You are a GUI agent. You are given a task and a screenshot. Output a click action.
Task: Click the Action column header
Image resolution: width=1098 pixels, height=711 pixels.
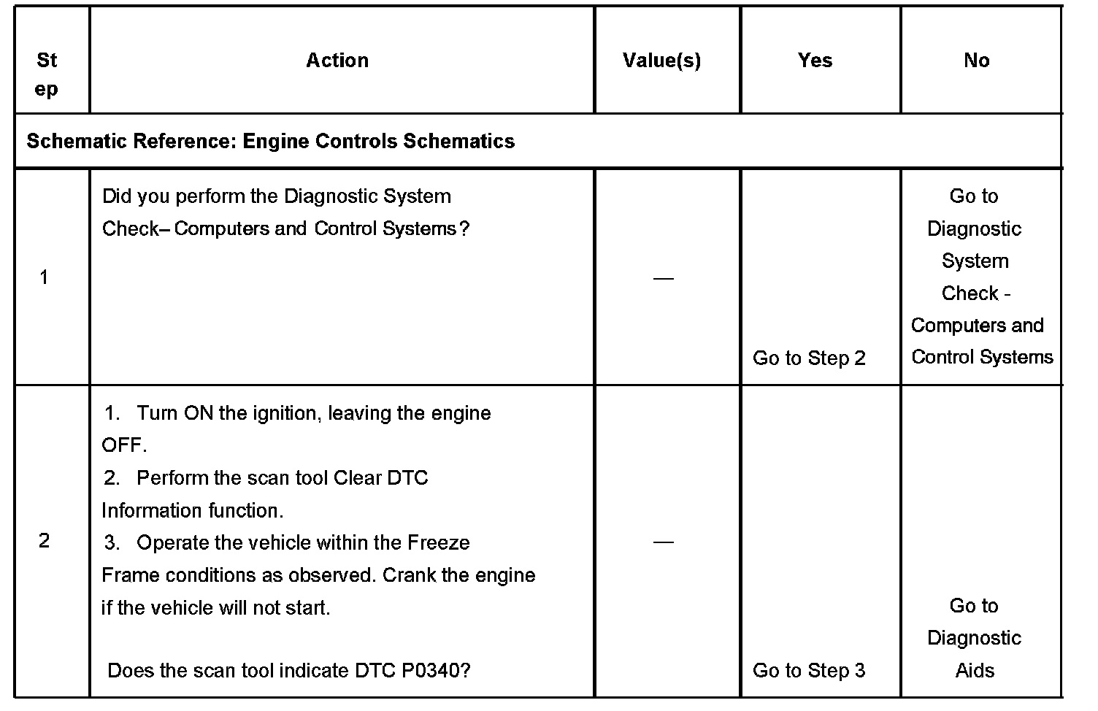click(337, 61)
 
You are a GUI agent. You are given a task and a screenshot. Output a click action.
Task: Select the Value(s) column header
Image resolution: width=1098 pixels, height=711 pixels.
click(661, 61)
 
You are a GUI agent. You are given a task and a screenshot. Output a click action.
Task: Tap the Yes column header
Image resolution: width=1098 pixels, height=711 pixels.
click(815, 61)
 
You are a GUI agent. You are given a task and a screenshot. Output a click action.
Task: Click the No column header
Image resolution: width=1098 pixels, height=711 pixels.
click(976, 61)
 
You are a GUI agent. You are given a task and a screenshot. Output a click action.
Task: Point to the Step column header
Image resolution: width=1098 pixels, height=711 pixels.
click(47, 74)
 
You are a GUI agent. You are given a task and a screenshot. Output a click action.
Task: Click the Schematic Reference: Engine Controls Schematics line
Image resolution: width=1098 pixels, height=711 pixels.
click(271, 141)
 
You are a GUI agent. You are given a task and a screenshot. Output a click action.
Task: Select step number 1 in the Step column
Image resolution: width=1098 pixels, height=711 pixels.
click(45, 277)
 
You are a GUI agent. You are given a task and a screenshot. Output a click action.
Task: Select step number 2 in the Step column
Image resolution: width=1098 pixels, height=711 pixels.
click(45, 541)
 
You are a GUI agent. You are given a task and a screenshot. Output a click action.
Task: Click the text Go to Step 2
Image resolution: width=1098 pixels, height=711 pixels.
click(809, 358)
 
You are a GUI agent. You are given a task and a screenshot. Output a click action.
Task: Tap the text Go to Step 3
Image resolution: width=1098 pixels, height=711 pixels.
click(809, 671)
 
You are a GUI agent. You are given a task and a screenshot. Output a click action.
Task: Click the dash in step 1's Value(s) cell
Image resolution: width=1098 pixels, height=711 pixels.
click(663, 279)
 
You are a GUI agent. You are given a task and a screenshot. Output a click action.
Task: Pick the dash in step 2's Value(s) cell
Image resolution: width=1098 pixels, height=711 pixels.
click(663, 542)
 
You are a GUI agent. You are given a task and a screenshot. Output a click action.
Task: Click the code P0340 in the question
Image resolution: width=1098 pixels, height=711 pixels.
click(436, 671)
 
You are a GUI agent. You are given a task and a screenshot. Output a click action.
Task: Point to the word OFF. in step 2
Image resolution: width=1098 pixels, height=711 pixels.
click(124, 445)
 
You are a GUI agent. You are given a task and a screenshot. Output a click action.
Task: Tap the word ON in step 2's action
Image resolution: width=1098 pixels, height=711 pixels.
click(198, 413)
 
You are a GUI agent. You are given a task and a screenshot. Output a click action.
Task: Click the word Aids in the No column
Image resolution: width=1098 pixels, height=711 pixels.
click(975, 671)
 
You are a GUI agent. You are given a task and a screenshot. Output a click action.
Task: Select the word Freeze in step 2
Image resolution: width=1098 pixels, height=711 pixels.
click(438, 543)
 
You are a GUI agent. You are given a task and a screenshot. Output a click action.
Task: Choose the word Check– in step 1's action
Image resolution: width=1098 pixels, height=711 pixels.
click(136, 229)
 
